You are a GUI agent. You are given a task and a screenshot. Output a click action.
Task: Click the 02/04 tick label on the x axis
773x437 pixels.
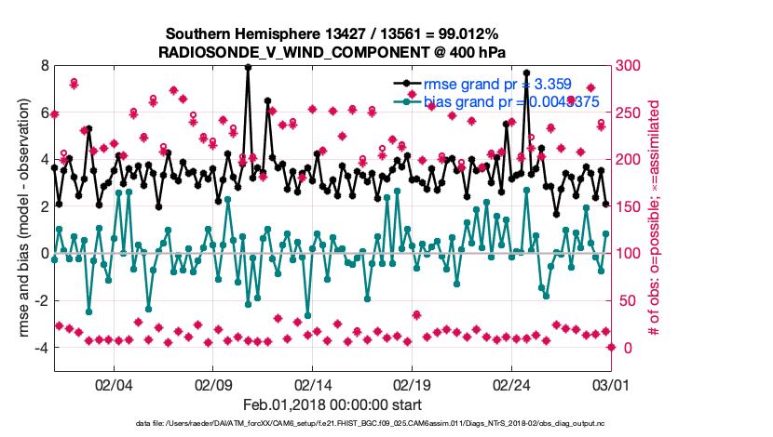114,383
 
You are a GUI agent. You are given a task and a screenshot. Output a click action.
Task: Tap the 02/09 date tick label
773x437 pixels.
213,383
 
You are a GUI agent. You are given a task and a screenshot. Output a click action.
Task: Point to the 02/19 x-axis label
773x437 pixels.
414,383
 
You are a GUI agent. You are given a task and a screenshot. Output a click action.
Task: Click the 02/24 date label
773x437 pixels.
513,383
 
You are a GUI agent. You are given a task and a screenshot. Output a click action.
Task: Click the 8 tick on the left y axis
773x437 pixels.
44,66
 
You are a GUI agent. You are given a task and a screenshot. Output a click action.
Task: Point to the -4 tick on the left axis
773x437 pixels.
41,348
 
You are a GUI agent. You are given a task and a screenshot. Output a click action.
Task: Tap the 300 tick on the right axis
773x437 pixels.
630,66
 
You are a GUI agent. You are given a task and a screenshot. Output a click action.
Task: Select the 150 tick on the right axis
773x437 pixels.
630,206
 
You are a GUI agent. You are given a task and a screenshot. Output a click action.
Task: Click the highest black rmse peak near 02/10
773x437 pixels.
248,67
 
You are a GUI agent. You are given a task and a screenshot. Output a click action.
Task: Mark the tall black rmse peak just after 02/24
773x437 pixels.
527,73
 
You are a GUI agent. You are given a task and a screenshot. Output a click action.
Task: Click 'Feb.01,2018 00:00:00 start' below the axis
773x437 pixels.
332,404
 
